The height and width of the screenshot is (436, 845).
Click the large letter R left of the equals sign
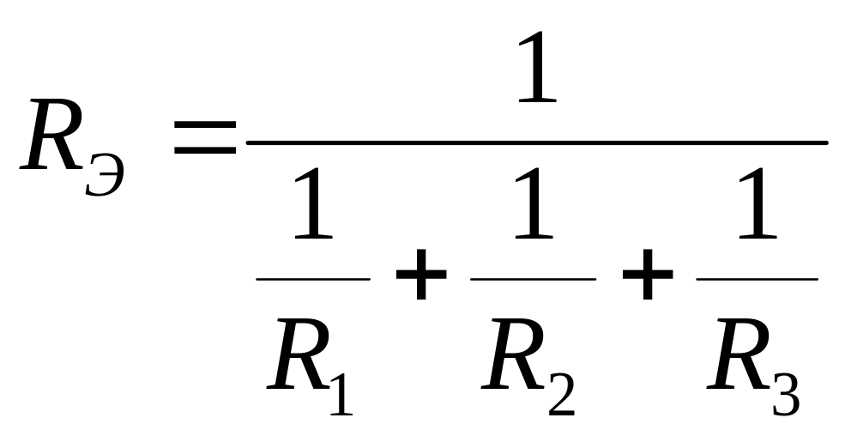point(51,135)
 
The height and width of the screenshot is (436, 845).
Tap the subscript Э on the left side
point(105,175)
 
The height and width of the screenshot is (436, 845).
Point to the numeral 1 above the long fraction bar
point(537,67)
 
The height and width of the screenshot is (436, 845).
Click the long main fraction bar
point(537,142)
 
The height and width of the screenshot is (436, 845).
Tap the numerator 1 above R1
point(313,203)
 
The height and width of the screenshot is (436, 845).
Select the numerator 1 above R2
point(534,203)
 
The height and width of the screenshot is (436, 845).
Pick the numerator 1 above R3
point(757,203)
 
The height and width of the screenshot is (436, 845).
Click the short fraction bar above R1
point(313,279)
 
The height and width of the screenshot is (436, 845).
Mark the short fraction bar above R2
point(533,279)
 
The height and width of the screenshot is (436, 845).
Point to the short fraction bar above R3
point(757,279)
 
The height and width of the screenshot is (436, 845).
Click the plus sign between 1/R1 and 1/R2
point(421,275)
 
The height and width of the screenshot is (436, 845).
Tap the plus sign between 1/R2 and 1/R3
point(647,275)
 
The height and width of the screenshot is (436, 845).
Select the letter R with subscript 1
point(299,354)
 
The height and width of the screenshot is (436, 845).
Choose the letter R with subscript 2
point(514,354)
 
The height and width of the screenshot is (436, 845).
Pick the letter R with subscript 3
point(739,354)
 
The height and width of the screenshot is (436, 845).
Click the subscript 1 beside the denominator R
point(341,395)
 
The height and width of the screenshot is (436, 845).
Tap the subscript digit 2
point(561,395)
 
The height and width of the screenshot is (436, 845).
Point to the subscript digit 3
point(787,395)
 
